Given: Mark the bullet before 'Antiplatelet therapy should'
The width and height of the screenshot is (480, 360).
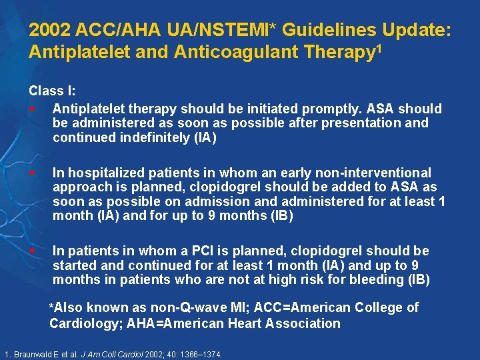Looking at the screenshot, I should pyautogui.click(x=32, y=109).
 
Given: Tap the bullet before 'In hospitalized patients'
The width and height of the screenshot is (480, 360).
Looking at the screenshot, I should pyautogui.click(x=32, y=173).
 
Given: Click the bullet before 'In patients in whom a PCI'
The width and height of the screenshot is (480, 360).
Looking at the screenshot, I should pyautogui.click(x=32, y=251).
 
